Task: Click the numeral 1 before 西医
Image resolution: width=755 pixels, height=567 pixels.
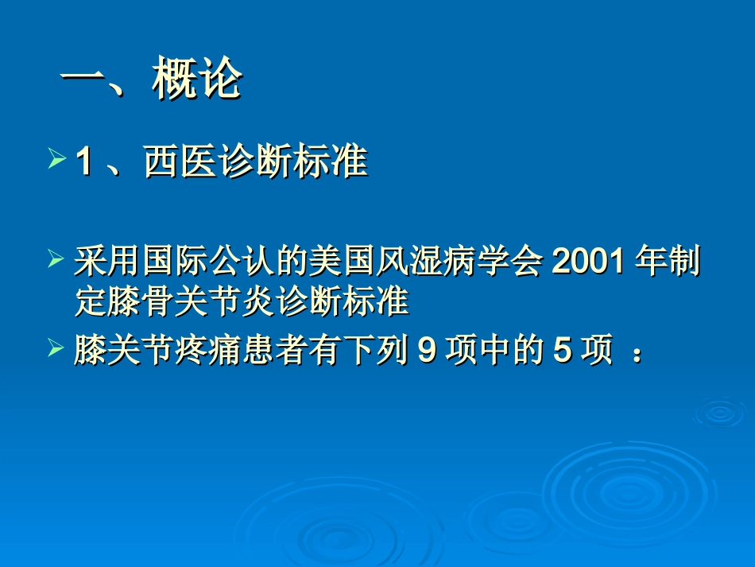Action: click(83, 163)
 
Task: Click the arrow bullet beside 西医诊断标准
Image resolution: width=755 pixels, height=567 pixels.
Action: click(56, 161)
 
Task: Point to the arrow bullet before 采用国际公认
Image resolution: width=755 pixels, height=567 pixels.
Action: click(56, 260)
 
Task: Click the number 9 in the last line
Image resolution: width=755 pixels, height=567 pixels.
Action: click(426, 350)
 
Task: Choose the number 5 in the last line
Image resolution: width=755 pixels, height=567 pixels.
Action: click(562, 350)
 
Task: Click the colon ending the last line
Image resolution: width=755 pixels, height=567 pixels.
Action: click(636, 351)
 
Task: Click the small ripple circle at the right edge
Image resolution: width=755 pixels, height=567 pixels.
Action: click(719, 411)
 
